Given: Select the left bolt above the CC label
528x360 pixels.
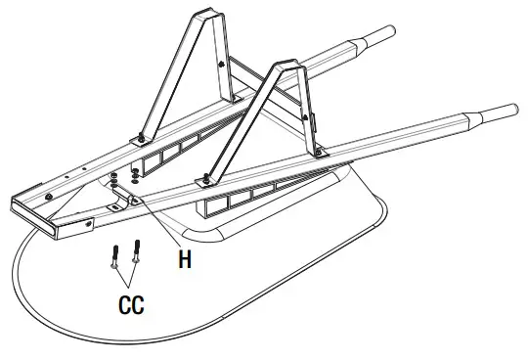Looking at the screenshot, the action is [116, 256].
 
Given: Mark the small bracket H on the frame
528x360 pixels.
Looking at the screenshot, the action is [122, 202].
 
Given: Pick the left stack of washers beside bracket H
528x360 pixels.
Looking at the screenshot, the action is [114, 178].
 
